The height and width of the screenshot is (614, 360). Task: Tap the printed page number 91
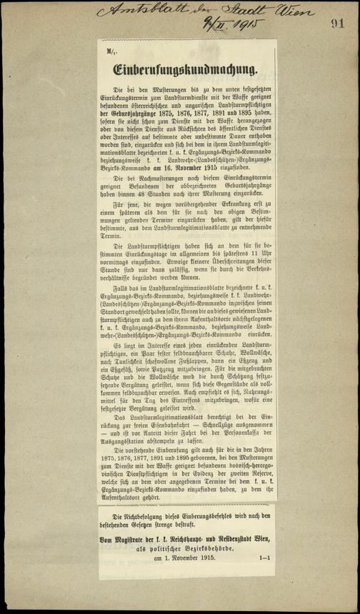click(337, 23)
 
